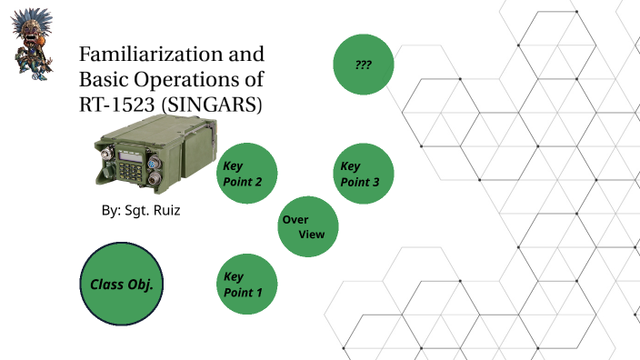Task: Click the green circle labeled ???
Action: tap(365, 65)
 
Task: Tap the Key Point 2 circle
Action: tap(246, 173)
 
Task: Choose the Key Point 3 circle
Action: tap(365, 173)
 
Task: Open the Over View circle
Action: tap(308, 226)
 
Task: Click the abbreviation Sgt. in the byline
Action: tap(139, 210)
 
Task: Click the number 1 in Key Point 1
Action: tap(259, 293)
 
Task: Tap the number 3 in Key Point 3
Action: tap(375, 182)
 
